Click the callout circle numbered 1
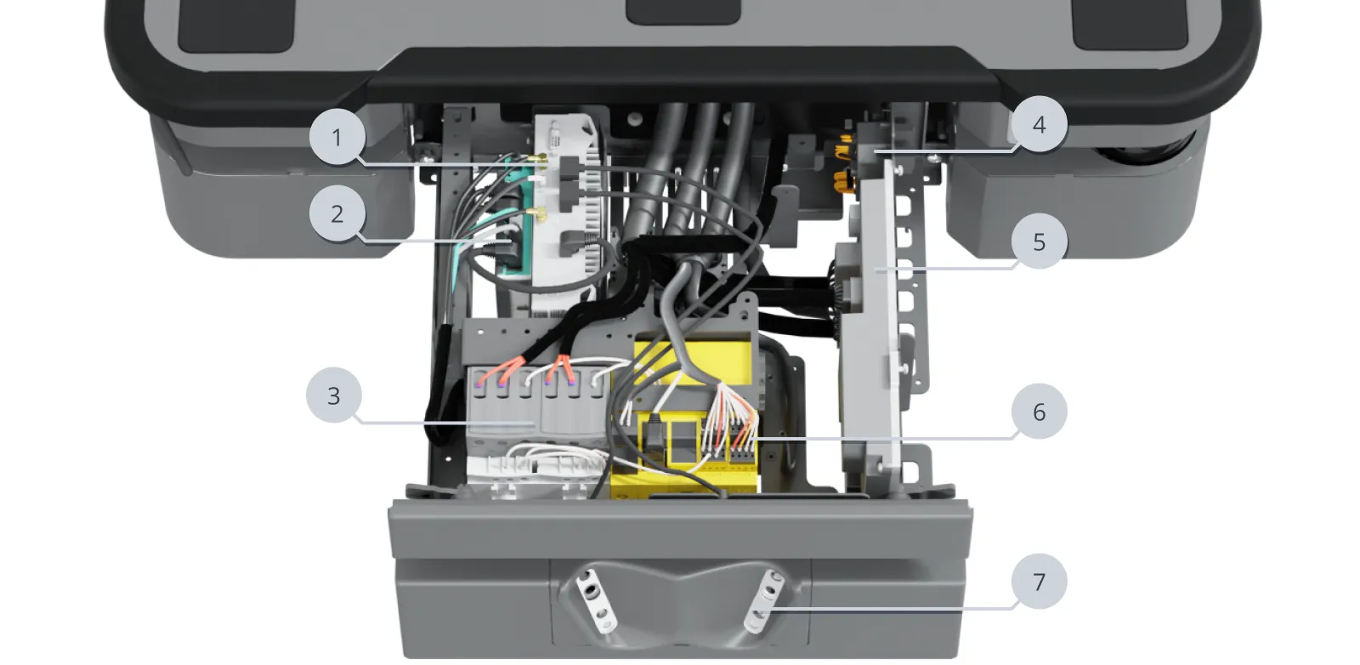[x=337, y=136]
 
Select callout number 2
[x=337, y=213]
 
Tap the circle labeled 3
[x=334, y=395]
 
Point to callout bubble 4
[x=1039, y=125]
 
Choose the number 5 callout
[x=1039, y=242]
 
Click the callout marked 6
[x=1039, y=412]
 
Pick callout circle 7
[x=1039, y=582]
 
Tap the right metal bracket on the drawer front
[x=762, y=602]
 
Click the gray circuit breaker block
[x=535, y=408]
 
